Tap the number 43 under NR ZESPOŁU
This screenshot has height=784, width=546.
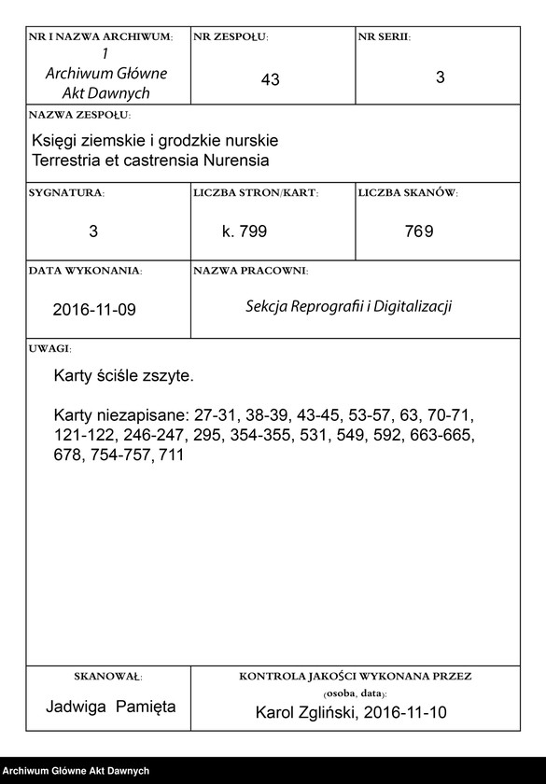tap(271, 80)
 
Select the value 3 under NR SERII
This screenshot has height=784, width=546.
tap(440, 78)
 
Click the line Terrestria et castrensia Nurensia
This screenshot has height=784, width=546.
tap(150, 161)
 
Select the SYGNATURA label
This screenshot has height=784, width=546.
tap(66, 192)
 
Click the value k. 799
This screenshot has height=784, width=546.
tap(245, 231)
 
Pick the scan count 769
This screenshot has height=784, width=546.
tap(419, 231)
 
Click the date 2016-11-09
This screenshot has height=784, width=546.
tap(94, 309)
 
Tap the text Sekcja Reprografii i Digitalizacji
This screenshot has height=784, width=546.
tap(348, 306)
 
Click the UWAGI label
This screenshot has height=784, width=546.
tap(49, 347)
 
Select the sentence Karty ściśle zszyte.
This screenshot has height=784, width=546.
tap(123, 377)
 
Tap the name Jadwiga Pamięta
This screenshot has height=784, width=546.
tap(111, 707)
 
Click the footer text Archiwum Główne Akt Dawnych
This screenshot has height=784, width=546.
tap(77, 770)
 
